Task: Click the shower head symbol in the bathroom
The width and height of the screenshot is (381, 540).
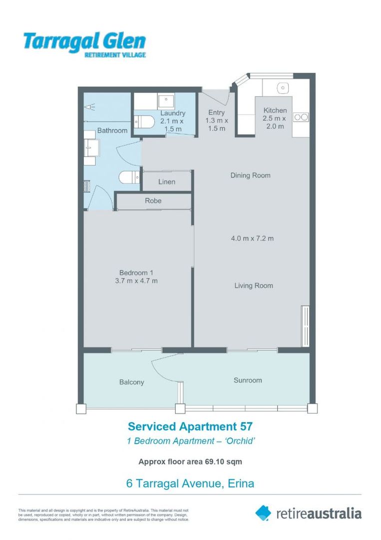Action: pos(89,106)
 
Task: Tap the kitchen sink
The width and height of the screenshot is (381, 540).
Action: pos(283,88)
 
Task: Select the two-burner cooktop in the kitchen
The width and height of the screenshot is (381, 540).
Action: pos(301,117)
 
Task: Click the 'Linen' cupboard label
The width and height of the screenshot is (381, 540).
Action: pos(167,181)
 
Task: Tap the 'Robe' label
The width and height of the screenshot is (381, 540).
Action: pos(153,200)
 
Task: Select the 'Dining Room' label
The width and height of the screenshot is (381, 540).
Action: pos(250,175)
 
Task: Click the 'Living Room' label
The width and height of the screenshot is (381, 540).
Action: pos(254,285)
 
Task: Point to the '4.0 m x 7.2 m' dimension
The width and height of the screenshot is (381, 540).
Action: pos(252,238)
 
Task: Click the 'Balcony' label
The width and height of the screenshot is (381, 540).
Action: pos(132,382)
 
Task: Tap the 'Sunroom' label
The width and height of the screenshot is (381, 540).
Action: pos(248,380)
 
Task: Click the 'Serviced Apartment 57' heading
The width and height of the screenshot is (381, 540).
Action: pos(190,426)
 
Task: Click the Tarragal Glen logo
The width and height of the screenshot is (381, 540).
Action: pos(84,44)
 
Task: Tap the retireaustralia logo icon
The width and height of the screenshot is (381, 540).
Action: pos(263,512)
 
